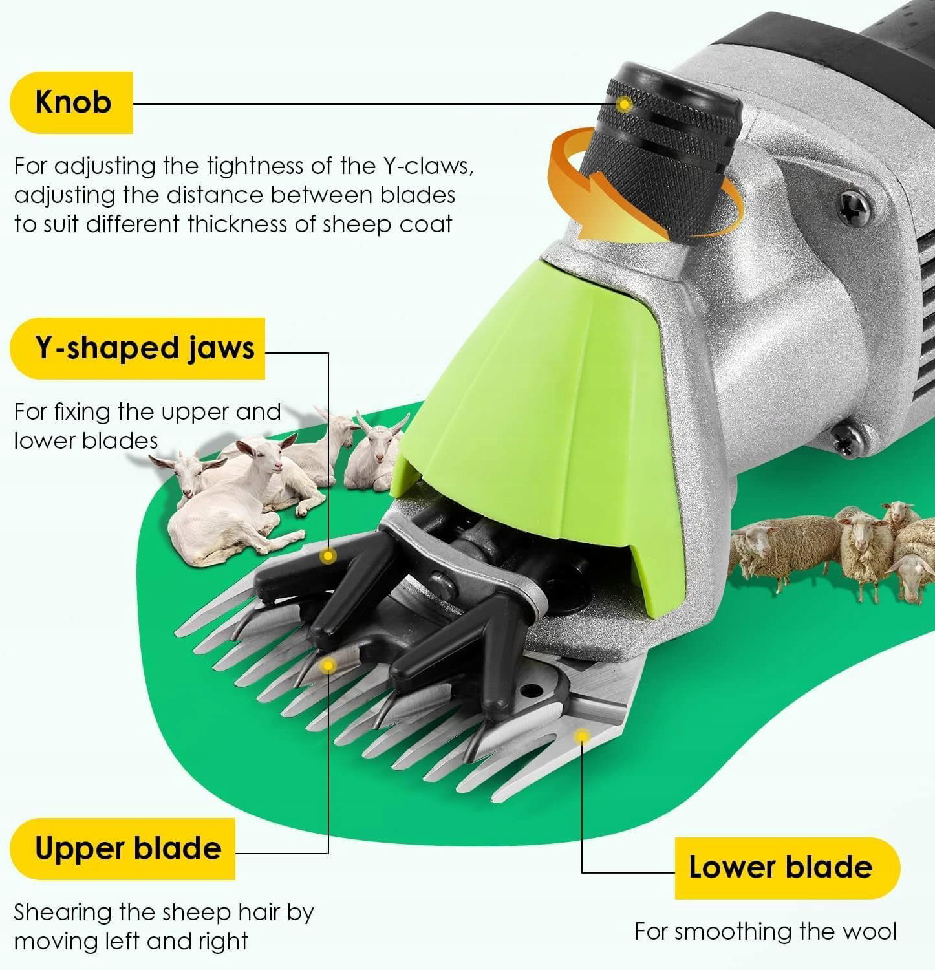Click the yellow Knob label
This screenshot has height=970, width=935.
pyautogui.click(x=72, y=102)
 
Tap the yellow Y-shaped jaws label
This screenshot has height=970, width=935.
pyautogui.click(x=138, y=348)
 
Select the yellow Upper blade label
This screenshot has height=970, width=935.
pyautogui.click(x=123, y=848)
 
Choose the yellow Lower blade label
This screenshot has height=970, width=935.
pyautogui.click(x=787, y=868)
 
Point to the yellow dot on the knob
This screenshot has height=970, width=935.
pyautogui.click(x=624, y=103)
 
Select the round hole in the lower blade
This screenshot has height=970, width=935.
pyautogui.click(x=532, y=690)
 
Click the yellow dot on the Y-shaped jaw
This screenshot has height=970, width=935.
pyautogui.click(x=329, y=555)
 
